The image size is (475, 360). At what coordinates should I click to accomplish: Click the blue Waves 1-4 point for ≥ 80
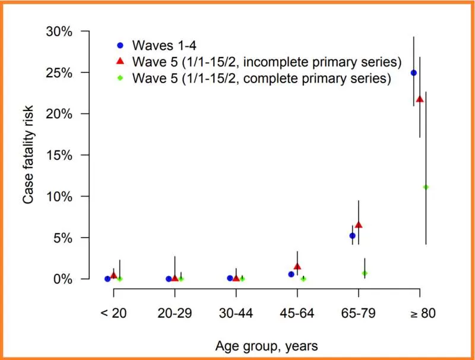pyautogui.click(x=413, y=72)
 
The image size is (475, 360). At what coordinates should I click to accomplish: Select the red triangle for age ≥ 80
pyautogui.click(x=420, y=99)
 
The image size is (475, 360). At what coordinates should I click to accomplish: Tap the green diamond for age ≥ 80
pyautogui.click(x=426, y=187)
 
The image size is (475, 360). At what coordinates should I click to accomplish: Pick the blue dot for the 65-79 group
pyautogui.click(x=352, y=236)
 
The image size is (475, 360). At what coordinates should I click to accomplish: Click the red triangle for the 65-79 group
pyautogui.click(x=359, y=225)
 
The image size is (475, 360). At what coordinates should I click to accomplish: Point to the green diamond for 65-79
pyautogui.click(x=365, y=273)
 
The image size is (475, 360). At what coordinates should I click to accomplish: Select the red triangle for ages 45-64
pyautogui.click(x=297, y=267)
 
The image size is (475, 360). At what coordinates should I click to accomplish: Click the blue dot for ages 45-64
pyautogui.click(x=291, y=274)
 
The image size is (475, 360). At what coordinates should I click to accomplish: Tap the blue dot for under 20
pyautogui.click(x=107, y=279)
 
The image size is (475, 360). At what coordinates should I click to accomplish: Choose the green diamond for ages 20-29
pyautogui.click(x=181, y=279)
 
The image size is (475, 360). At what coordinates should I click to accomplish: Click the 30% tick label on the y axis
pyautogui.click(x=59, y=31)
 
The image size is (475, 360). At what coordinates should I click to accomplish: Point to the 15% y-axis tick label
pyautogui.click(x=59, y=156)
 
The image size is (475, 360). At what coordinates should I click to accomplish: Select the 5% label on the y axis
pyautogui.click(x=63, y=238)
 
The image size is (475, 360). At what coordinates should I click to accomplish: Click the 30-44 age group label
pyautogui.click(x=236, y=313)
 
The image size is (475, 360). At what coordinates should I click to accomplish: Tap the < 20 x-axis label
pyautogui.click(x=113, y=313)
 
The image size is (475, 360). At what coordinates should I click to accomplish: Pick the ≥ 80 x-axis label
pyautogui.click(x=423, y=313)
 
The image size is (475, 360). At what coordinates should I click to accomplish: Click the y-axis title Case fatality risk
pyautogui.click(x=28, y=154)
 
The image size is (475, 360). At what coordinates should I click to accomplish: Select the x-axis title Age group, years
pyautogui.click(x=267, y=346)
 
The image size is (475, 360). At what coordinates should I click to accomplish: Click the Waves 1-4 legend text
pyautogui.click(x=164, y=46)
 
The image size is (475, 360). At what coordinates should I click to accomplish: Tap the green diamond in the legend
pyautogui.click(x=121, y=78)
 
